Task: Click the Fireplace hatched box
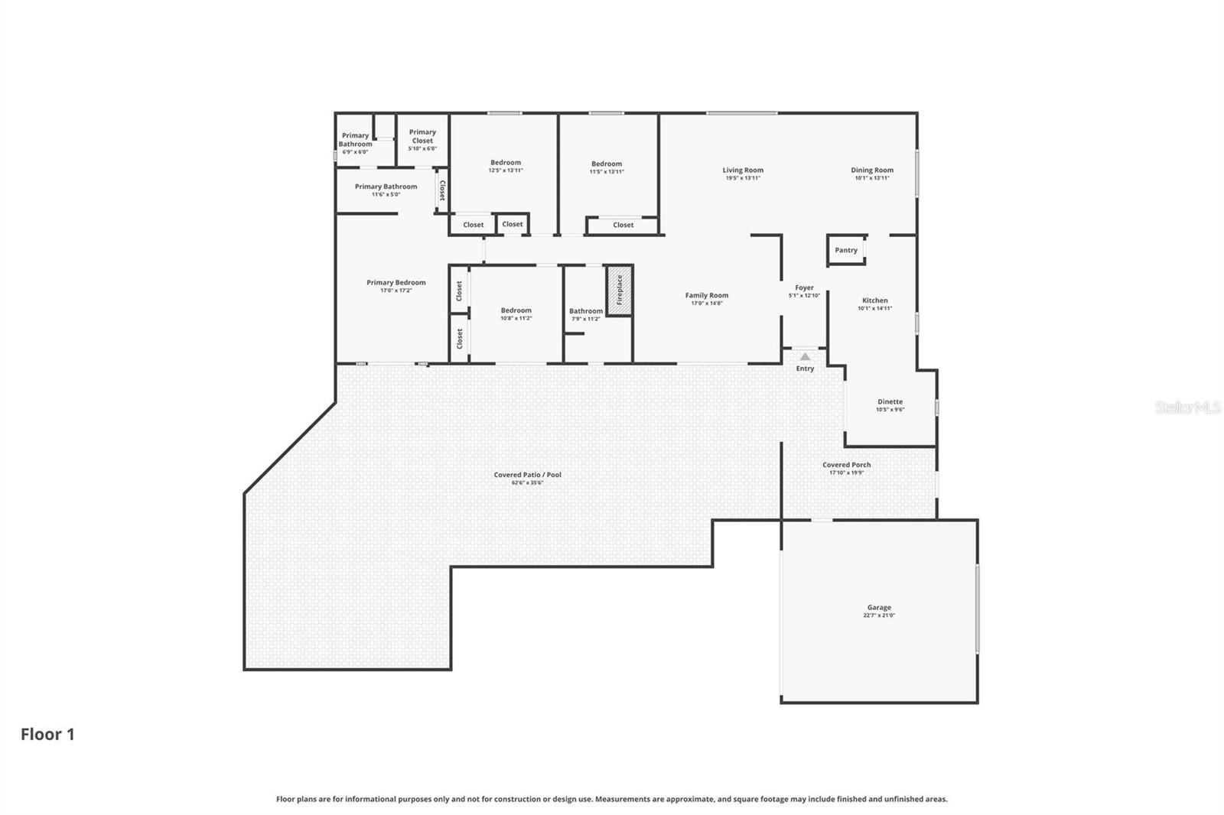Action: pos(619,290)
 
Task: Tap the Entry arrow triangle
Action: pos(805,356)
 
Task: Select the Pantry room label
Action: pos(846,250)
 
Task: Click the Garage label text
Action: pos(879,608)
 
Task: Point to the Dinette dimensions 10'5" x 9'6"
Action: pos(890,410)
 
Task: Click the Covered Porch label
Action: pos(846,465)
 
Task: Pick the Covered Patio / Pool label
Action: pos(527,475)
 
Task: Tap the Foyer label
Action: pos(804,287)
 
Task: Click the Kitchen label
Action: pos(874,300)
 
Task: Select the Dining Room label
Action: pos(872,170)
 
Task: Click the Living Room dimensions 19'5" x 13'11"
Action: pos(743,178)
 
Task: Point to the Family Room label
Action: pos(706,295)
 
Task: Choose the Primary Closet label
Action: pos(422,136)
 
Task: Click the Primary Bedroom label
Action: pos(396,282)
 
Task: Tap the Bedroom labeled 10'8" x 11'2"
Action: pos(516,310)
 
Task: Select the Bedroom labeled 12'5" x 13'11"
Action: pos(506,162)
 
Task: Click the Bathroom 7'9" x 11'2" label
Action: pos(585,311)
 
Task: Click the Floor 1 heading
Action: pos(47,734)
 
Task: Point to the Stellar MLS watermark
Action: pos(1187,407)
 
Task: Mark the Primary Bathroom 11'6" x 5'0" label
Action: pos(386,187)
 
